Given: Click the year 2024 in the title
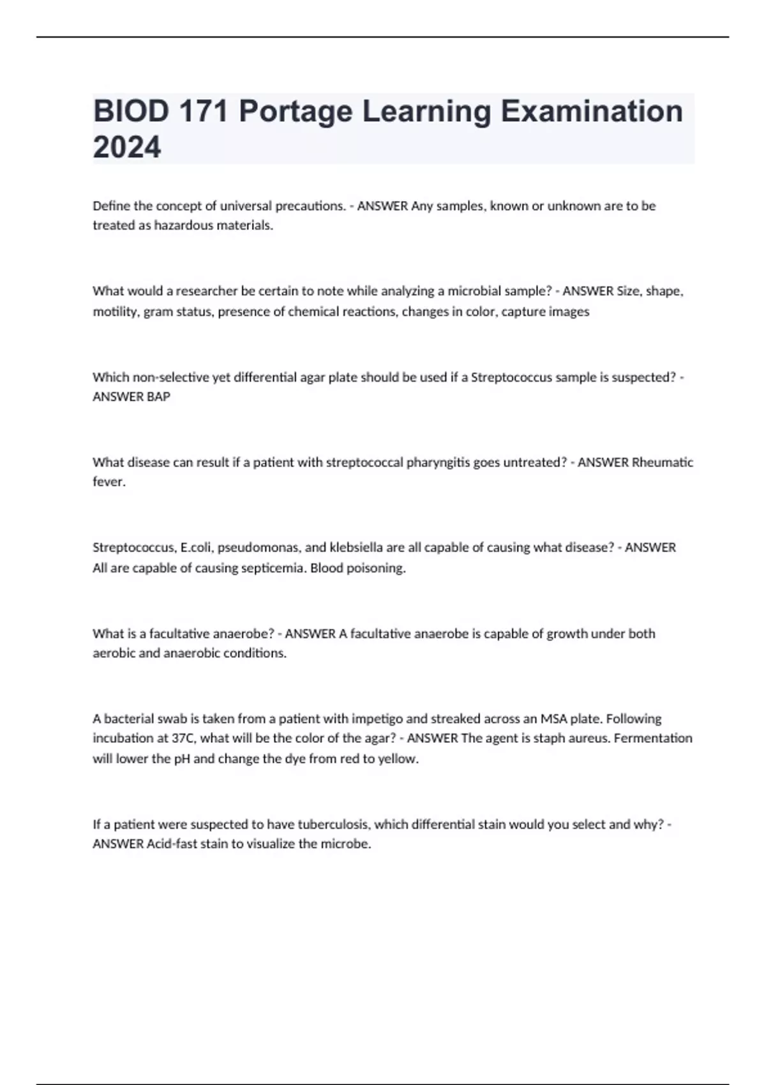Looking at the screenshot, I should pos(127,147).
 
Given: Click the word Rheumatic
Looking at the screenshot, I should pos(662,462).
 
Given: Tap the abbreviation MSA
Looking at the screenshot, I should pos(554,719).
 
